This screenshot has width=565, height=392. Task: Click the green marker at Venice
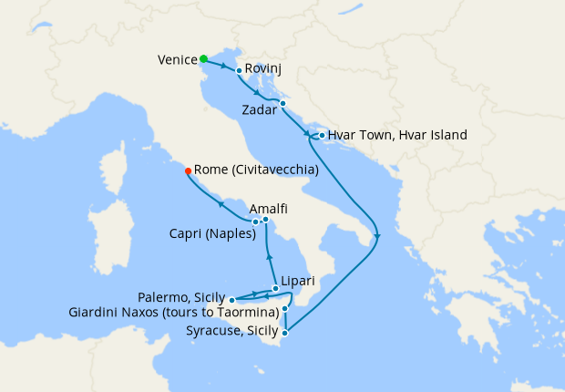point(203,59)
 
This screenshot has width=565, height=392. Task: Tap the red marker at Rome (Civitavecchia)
point(188,170)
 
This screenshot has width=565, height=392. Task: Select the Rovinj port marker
point(239,70)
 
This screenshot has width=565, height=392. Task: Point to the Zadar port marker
point(282,103)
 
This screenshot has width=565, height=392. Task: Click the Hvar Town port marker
point(322,135)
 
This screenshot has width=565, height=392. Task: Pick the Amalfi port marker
point(265,219)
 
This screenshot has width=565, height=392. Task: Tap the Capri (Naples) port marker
point(255,222)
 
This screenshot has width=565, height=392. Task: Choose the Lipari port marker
point(275,288)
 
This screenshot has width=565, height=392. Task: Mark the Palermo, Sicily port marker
point(232,299)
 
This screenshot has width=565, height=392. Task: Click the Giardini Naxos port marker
point(285,309)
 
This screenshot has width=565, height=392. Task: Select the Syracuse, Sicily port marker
point(285,333)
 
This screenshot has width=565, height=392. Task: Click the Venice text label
point(177,60)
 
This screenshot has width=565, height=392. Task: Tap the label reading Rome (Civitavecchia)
point(256,170)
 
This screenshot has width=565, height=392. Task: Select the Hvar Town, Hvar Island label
point(397,135)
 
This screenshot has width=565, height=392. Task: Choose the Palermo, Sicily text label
point(181,297)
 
